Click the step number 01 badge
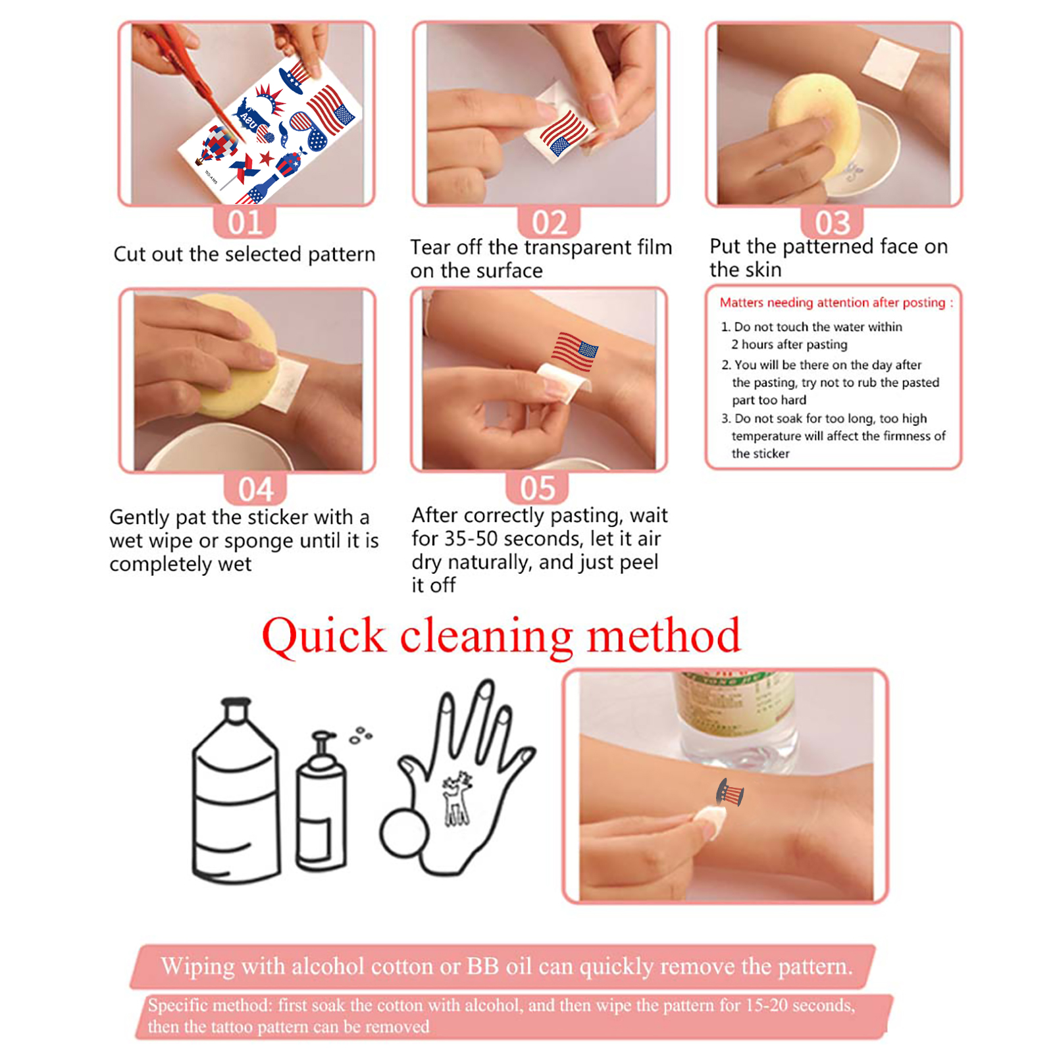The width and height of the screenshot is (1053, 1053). pyautogui.click(x=244, y=222)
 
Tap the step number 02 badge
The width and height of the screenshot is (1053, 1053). pyautogui.click(x=549, y=222)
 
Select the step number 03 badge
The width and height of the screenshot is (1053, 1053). pyautogui.click(x=832, y=222)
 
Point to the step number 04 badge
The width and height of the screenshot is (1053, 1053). pyautogui.click(x=255, y=488)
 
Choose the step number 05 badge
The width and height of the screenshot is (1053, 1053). pyautogui.click(x=537, y=488)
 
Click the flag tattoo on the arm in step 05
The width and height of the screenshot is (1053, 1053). pyautogui.click(x=575, y=351)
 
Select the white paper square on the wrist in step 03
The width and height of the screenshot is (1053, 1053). pyautogui.click(x=890, y=63)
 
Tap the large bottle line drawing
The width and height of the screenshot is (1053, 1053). pyautogui.click(x=235, y=790)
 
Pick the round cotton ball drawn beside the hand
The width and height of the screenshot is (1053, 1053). pyautogui.click(x=403, y=833)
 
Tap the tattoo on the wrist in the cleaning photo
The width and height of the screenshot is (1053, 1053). pyautogui.click(x=731, y=792)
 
